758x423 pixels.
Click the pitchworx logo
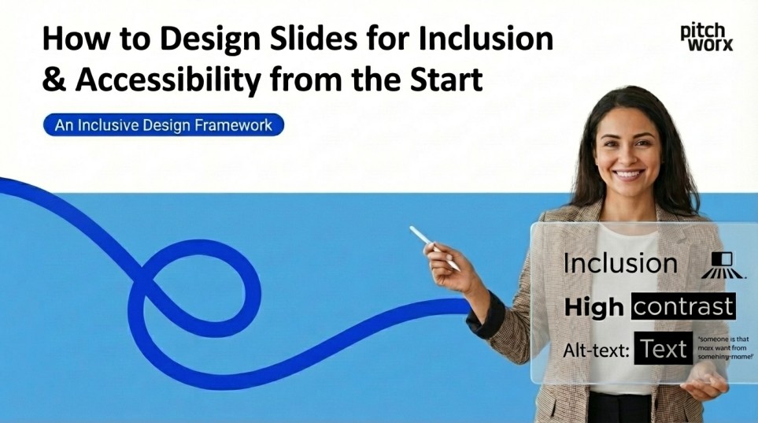pyautogui.click(x=706, y=36)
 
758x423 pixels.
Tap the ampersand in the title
pyautogui.click(x=52, y=80)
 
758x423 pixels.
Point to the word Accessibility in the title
pyautogui.click(x=168, y=80)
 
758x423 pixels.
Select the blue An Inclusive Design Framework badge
pyautogui.click(x=164, y=124)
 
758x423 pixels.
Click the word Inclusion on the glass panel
pyautogui.click(x=620, y=263)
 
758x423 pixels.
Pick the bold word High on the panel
pyautogui.click(x=593, y=307)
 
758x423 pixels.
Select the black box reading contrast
pyautogui.click(x=682, y=306)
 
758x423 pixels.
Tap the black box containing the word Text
pyautogui.click(x=664, y=349)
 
